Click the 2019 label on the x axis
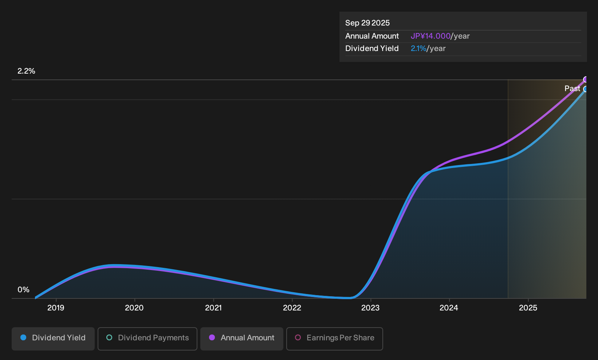point(56,308)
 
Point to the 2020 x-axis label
point(134,308)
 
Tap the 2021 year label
point(213,308)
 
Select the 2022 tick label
point(292,308)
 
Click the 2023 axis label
point(370,308)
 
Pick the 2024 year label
point(449,308)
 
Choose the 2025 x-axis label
point(528,308)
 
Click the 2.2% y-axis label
point(26,71)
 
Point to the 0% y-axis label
point(24,290)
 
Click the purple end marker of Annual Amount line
point(586,79)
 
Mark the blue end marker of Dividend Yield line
point(586,89)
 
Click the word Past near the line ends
point(573,89)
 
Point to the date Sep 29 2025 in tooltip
point(367,23)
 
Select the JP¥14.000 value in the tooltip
point(430,36)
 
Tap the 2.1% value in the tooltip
point(418,48)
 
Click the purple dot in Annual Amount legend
point(212,337)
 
